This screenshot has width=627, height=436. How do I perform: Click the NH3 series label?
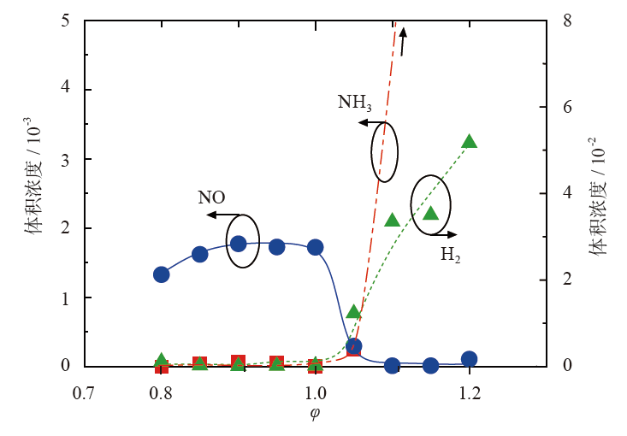354,103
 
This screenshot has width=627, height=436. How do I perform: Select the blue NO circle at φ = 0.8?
161,274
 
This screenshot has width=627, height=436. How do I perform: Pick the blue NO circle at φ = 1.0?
315,247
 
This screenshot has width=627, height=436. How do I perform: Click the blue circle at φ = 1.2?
469,359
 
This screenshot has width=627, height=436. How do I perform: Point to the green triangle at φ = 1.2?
469,142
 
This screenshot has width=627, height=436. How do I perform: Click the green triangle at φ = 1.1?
392,221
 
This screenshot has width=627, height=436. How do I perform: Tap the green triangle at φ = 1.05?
353,311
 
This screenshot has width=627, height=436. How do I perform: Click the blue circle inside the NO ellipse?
239,244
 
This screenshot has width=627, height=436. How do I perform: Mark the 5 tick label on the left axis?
65,20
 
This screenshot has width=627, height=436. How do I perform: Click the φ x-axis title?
315,414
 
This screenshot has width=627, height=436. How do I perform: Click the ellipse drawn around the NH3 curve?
385,151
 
